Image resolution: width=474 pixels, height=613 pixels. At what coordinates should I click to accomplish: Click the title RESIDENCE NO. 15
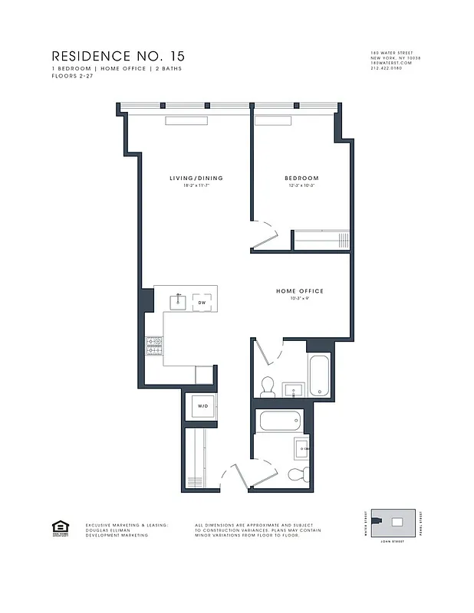117,56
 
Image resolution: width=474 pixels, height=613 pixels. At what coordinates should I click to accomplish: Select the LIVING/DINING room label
196,179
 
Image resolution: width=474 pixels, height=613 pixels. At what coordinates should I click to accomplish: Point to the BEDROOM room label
295,179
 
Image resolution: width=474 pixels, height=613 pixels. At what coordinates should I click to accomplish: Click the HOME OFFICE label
300,291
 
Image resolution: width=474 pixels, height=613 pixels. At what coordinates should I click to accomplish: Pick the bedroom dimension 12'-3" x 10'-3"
295,186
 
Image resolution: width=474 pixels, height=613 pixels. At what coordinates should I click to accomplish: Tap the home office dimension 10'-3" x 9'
300,299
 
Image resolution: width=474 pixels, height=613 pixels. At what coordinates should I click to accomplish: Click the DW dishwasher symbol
202,302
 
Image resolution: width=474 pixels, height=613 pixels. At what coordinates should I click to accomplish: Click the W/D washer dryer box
202,406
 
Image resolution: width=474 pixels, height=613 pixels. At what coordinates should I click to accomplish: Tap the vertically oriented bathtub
319,376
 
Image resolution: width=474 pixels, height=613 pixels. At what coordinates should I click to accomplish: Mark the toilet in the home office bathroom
267,388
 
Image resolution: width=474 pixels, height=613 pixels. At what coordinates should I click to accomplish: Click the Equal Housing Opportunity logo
58,528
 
